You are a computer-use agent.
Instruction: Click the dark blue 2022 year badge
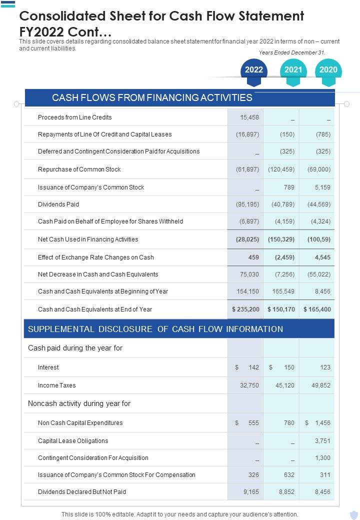coord(254,70)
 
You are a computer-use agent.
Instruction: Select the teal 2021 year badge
coord(293,70)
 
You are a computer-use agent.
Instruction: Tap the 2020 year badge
coord(328,70)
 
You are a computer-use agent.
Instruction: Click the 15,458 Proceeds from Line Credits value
coord(249,117)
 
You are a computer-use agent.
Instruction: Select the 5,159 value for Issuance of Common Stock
coord(320,187)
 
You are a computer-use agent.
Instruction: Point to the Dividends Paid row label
coord(58,204)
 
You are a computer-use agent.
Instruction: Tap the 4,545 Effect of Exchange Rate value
coord(322,257)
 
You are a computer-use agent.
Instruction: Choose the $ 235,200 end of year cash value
coord(246,309)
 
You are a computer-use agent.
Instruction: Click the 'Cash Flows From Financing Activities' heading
coord(152,97)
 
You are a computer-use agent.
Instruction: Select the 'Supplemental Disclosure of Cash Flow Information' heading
coord(155,329)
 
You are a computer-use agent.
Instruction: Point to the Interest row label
coord(48,367)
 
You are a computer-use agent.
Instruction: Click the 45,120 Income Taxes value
coord(285,385)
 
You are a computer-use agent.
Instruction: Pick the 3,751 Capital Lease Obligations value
coord(322,441)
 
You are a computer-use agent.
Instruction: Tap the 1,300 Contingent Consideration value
coord(322,458)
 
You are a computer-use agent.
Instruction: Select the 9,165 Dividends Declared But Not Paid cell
coord(251,492)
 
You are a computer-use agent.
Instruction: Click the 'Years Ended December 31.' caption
coord(292,52)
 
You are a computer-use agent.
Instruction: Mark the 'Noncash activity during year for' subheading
coord(79,403)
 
